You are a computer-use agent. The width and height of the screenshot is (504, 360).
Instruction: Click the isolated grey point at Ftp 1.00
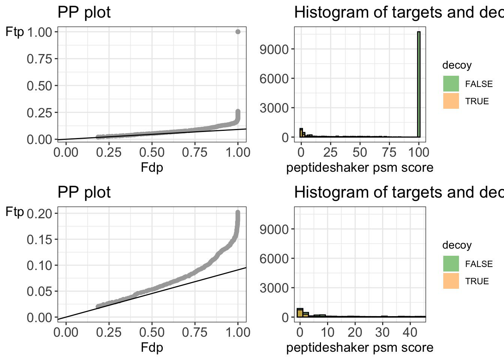(237, 32)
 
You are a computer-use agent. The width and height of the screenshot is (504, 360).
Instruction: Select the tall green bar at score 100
(418, 84)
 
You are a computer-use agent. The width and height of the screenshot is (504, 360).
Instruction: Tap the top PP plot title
(84, 12)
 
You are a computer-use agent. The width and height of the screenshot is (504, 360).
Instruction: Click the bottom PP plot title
(84, 192)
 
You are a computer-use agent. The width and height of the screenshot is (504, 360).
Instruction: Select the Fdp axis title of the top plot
(152, 167)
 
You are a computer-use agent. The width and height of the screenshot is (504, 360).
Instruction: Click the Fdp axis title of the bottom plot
(152, 347)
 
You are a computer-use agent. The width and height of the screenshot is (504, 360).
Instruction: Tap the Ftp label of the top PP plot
(15, 32)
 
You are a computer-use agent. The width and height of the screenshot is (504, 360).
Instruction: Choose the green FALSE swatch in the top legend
(451, 84)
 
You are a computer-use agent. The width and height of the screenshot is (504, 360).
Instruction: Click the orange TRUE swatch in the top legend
(451, 101)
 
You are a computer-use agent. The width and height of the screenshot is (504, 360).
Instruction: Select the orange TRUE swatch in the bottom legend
(451, 281)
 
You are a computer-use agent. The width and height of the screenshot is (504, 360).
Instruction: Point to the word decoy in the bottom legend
(457, 245)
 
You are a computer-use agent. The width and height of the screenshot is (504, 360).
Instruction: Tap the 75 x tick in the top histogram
(390, 152)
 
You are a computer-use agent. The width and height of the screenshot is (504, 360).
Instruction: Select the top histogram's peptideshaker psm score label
(360, 167)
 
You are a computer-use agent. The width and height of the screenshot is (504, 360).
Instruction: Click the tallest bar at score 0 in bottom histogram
(300, 313)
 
